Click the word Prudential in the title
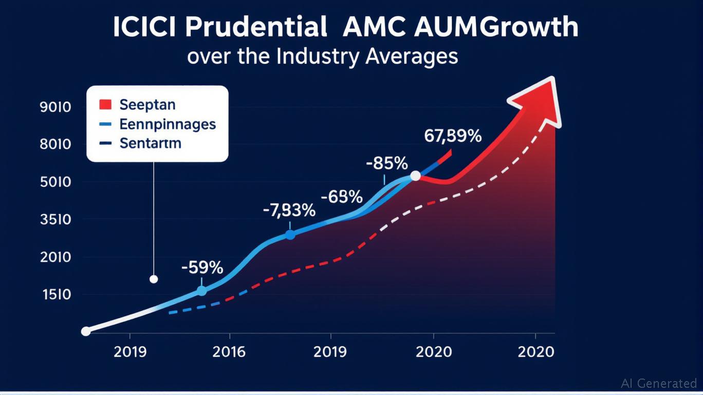[255, 28]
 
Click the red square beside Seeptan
[105, 105]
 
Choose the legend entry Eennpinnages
[167, 124]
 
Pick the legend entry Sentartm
[150, 143]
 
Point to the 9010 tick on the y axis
[55, 107]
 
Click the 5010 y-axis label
[55, 183]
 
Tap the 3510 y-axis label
[55, 220]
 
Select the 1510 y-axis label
[55, 295]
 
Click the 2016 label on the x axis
[229, 352]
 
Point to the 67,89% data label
[453, 136]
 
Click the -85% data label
[386, 164]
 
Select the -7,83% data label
[289, 210]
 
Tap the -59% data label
[202, 268]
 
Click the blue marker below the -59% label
[201, 291]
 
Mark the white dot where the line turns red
[415, 176]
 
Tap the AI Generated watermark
[659, 383]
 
